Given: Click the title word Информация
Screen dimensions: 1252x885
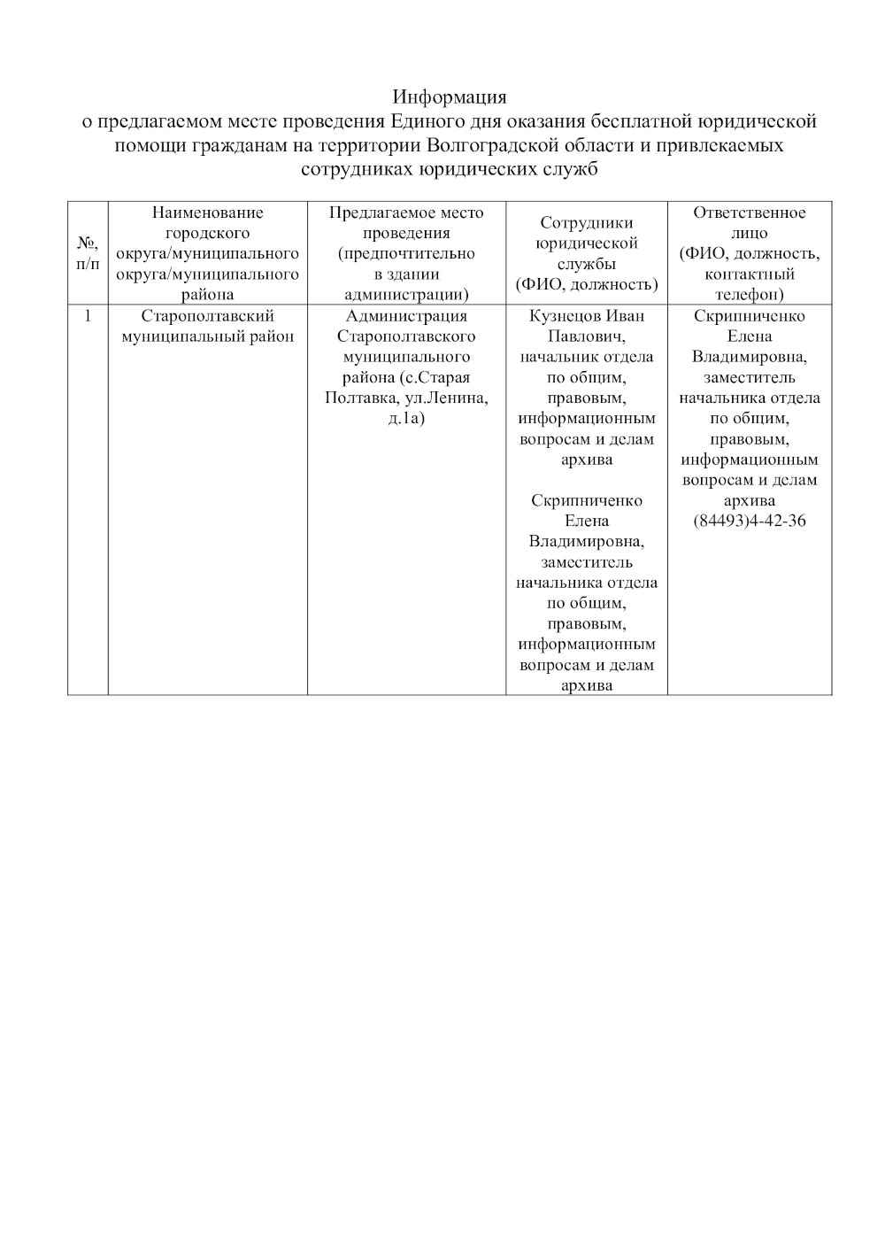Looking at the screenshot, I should pyautogui.click(x=450, y=97).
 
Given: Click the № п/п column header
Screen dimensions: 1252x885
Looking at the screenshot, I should pyautogui.click(x=88, y=252).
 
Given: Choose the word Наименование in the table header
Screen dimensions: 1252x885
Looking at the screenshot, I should pyautogui.click(x=208, y=213).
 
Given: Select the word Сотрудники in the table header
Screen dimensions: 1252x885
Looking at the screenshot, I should pyautogui.click(x=587, y=223).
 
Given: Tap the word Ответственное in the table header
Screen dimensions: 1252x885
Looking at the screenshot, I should pyautogui.click(x=750, y=213).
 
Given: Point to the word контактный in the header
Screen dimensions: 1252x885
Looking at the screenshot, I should pyautogui.click(x=750, y=274).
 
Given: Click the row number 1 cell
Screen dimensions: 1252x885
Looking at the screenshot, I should pyautogui.click(x=88, y=316).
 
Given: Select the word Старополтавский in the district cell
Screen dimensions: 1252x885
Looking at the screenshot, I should pyautogui.click(x=208, y=316).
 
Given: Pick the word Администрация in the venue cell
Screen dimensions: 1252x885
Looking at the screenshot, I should pyautogui.click(x=406, y=316).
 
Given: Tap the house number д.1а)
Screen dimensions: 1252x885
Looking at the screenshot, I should pyautogui.click(x=406, y=418).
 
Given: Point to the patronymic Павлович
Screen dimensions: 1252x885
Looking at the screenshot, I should pyautogui.click(x=587, y=336).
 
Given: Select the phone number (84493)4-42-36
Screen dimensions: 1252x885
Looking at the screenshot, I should pyautogui.click(x=750, y=521).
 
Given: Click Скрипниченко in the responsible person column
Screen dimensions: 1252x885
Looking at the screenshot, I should pyautogui.click(x=750, y=316).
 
